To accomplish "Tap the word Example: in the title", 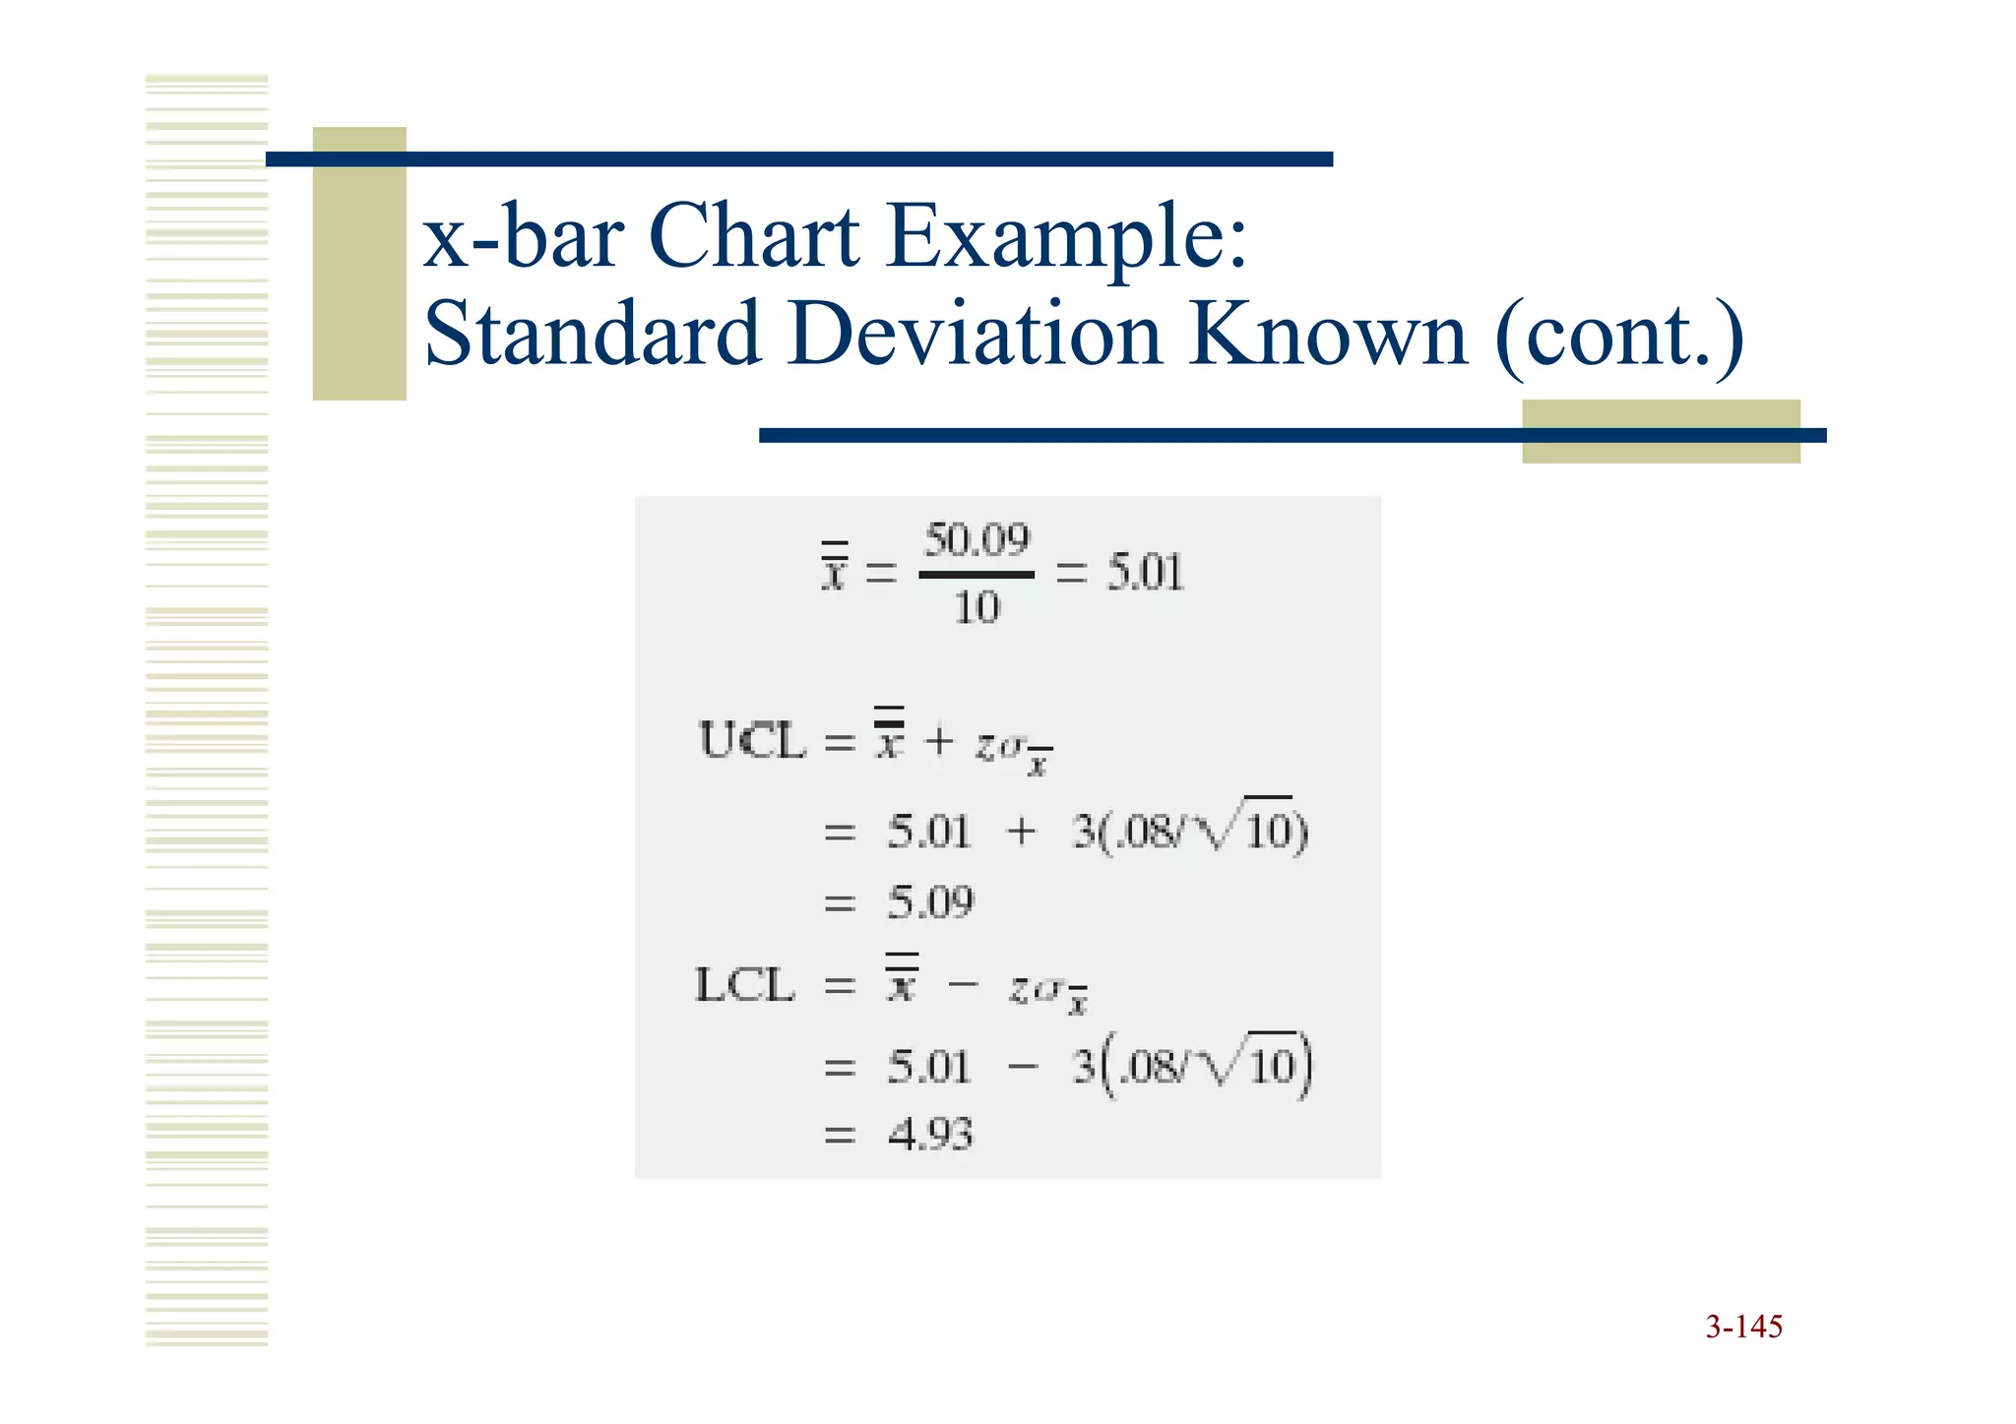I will click(1067, 238).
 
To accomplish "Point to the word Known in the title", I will click(1329, 334).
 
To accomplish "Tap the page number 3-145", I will click(1743, 1327).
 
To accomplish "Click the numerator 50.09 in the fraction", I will click(976, 540).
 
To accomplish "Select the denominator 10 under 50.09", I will click(976, 607).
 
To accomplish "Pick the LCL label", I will click(745, 985).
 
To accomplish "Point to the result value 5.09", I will click(930, 901).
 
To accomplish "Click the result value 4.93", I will click(930, 1135).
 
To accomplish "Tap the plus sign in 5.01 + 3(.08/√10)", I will click(1021, 832).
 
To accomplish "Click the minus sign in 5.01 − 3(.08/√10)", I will click(1023, 1066).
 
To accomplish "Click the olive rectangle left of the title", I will click(359, 264).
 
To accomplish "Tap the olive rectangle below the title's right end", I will click(1661, 431).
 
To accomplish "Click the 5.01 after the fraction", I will click(1145, 573).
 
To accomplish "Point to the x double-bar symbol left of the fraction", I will click(834, 569).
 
